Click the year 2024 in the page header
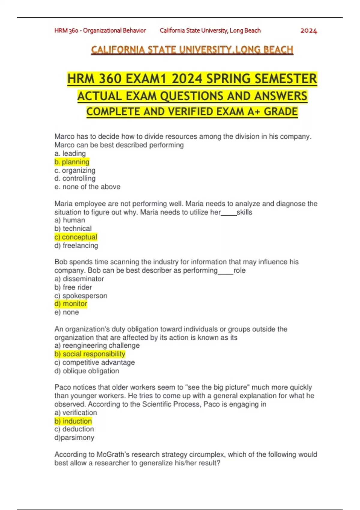tap(308, 31)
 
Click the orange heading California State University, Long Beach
tap(192, 50)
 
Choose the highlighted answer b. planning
tap(72, 162)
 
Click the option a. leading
tap(70, 154)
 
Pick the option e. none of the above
tap(87, 187)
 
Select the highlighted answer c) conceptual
tap(76, 237)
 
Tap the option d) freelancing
tap(76, 245)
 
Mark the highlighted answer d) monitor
tap(71, 304)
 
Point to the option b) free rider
tap(73, 287)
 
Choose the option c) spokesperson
tap(81, 296)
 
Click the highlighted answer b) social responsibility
tap(90, 354)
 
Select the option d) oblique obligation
tap(87, 371)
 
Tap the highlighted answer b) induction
tap(73, 421)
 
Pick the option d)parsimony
tap(74, 438)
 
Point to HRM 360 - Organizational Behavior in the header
tap(100, 31)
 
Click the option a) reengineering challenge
tap(97, 346)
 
